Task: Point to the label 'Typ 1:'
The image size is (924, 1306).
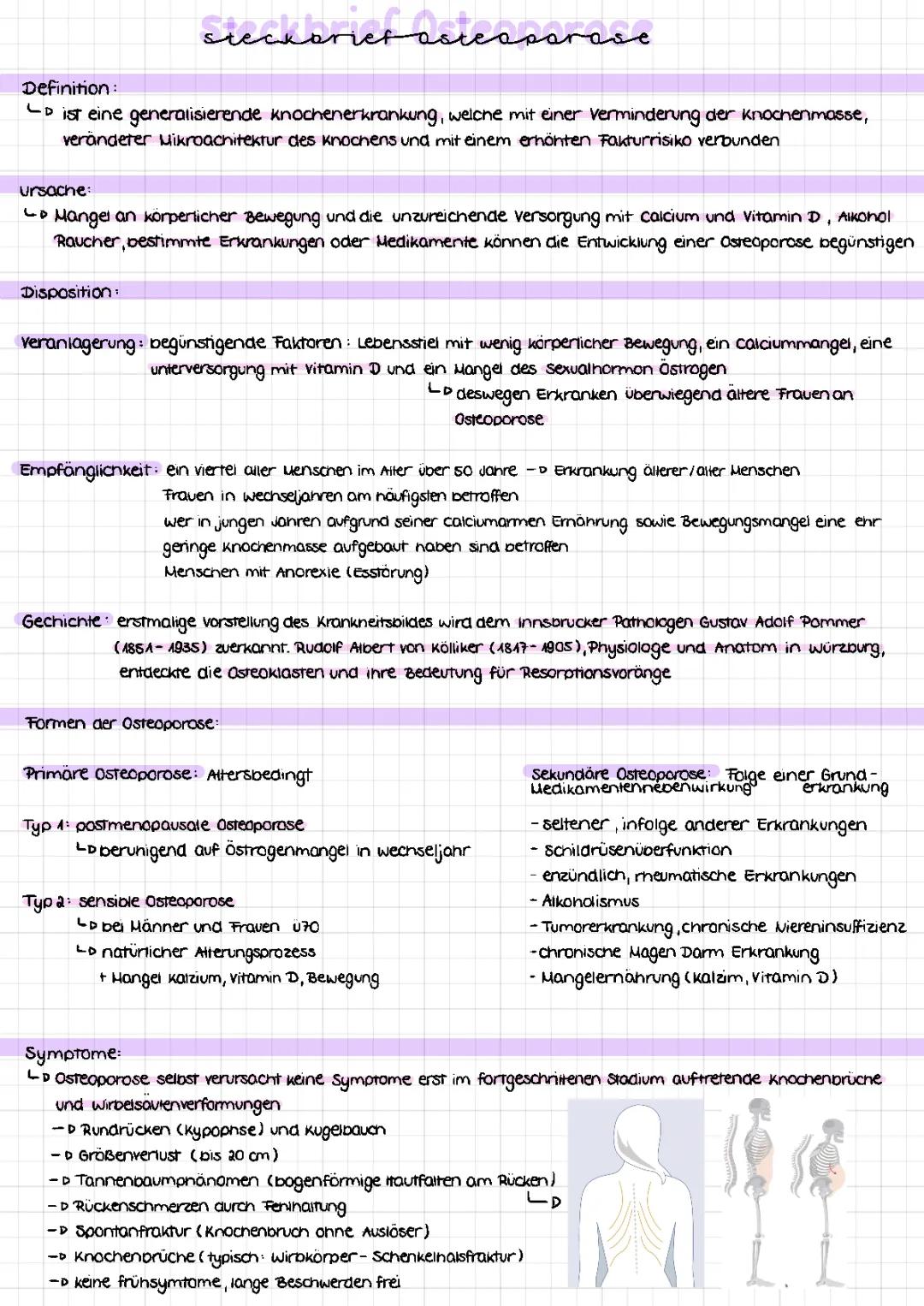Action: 46,825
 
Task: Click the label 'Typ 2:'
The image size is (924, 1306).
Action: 46,902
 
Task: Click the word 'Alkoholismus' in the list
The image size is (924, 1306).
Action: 590,901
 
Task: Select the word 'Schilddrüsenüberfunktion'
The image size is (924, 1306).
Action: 637,851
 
